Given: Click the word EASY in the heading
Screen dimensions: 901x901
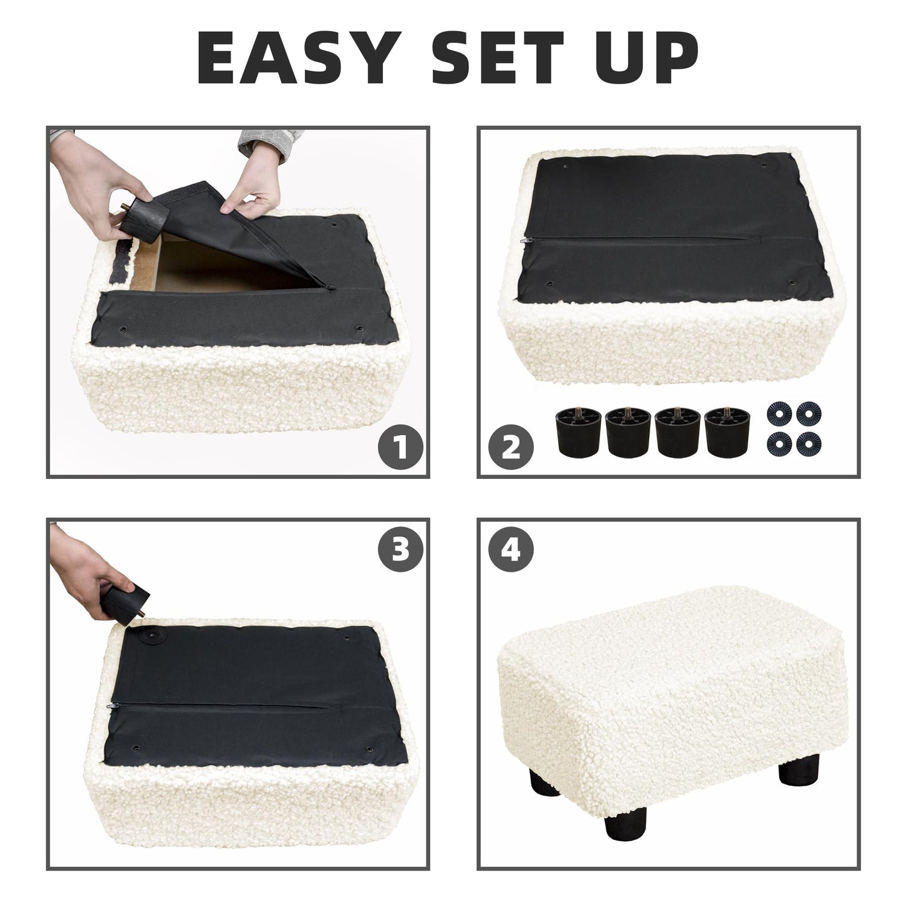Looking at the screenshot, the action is coord(299,58).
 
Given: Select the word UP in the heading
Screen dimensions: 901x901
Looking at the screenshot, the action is coord(648,58).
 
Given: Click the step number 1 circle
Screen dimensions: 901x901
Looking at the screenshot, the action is coord(400,447).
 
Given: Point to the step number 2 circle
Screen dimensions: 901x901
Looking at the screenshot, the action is coord(511,447).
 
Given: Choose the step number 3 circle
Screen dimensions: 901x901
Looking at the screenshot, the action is coord(400,549).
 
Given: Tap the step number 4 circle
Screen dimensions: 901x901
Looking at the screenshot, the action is coord(511,549).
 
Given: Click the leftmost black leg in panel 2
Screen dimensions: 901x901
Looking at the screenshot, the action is coord(579,431).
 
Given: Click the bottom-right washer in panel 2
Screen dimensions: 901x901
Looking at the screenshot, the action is coord(809,443).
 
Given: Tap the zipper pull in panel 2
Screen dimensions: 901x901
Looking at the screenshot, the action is coord(527,239).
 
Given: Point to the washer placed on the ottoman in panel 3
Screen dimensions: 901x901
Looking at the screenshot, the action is coord(154,637).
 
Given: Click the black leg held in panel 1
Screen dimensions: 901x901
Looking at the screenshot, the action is coord(143,219).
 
